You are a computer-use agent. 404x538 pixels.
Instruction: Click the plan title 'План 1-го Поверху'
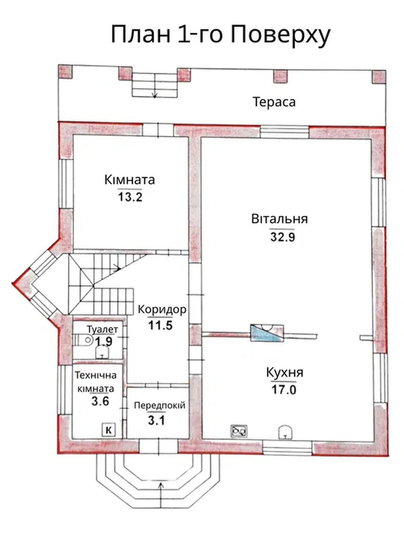221,35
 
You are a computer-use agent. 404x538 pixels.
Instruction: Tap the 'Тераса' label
274,102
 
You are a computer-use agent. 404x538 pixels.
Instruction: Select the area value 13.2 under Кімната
130,197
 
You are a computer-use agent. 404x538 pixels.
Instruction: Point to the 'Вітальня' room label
279,219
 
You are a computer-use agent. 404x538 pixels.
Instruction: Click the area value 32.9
282,237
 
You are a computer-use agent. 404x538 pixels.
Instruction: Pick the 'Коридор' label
162,309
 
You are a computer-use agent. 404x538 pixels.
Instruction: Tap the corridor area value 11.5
160,325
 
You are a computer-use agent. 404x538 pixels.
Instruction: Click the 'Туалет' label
102,329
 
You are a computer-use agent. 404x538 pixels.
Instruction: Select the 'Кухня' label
284,373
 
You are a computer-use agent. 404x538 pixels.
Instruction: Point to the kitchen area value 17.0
283,390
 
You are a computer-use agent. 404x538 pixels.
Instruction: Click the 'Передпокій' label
160,405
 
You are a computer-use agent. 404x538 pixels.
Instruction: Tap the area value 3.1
157,420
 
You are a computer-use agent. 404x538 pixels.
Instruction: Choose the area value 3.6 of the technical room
100,401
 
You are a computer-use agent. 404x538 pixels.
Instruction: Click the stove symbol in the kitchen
239,431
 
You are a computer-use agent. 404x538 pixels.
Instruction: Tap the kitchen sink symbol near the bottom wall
285,432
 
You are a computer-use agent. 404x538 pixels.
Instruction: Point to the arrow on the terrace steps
155,94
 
